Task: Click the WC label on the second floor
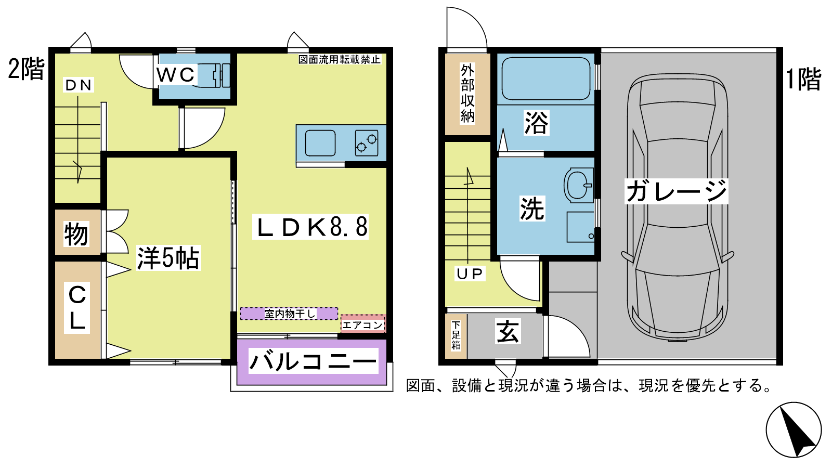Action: click(175, 75)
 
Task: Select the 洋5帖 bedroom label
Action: click(168, 258)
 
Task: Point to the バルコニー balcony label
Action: click(313, 361)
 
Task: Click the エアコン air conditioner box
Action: click(363, 324)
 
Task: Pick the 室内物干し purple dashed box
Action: click(289, 314)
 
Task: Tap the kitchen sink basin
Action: click(320, 143)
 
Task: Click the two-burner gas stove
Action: click(367, 143)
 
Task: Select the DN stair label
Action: click(78, 85)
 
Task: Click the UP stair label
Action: click(470, 274)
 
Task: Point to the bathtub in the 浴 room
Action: click(546, 79)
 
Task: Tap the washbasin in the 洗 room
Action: click(578, 185)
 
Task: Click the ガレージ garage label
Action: click(677, 191)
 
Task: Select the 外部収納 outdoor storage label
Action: click(467, 94)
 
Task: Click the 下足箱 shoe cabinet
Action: click(456, 336)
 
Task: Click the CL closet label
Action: click(77, 307)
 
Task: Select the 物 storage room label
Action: click(76, 234)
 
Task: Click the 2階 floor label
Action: click(27, 69)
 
